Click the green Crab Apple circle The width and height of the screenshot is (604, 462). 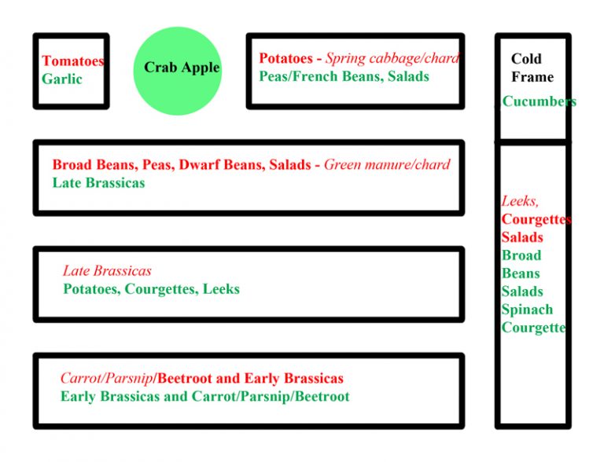(178, 71)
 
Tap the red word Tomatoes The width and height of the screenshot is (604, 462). (73, 60)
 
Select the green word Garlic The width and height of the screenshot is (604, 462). (62, 79)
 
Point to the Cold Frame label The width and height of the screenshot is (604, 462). (532, 68)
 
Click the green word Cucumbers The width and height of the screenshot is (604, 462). (540, 101)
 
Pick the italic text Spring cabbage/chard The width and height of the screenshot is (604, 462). (392, 58)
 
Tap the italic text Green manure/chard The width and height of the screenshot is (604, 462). (387, 165)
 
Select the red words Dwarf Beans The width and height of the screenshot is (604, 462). (222, 165)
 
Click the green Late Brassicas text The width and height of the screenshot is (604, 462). (98, 183)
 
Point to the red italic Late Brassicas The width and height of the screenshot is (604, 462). (107, 270)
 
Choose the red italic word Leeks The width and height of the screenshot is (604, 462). (520, 201)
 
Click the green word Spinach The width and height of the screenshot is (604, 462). (527, 310)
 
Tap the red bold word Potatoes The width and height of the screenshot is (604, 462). (285, 58)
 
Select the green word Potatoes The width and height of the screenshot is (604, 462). (91, 289)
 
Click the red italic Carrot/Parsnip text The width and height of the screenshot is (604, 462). (107, 379)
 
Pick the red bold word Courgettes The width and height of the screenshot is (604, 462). (536, 219)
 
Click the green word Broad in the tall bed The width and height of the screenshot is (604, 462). (521, 255)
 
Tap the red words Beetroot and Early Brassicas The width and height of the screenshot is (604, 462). (250, 379)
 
